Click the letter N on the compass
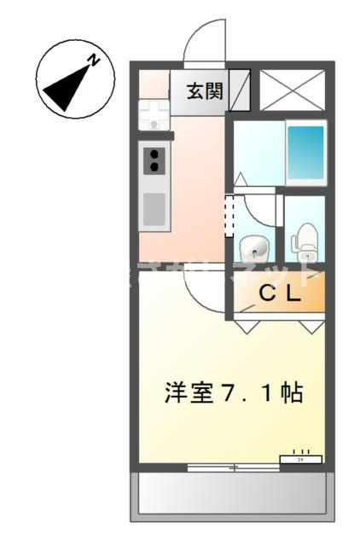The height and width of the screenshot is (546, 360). (x=96, y=59)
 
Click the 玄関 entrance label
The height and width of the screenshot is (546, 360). (x=205, y=90)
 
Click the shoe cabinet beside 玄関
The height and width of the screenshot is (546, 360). (x=240, y=90)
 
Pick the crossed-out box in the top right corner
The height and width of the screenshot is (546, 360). (x=292, y=90)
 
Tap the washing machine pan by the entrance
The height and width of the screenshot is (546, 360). (x=154, y=113)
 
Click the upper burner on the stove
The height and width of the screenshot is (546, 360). (x=155, y=154)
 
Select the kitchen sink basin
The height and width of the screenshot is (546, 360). (x=154, y=208)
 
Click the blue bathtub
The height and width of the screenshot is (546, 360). (x=305, y=150)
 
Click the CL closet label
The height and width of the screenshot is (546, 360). (x=280, y=295)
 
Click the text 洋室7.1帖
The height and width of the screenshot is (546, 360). (x=233, y=394)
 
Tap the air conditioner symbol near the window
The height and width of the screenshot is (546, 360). (x=301, y=458)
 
